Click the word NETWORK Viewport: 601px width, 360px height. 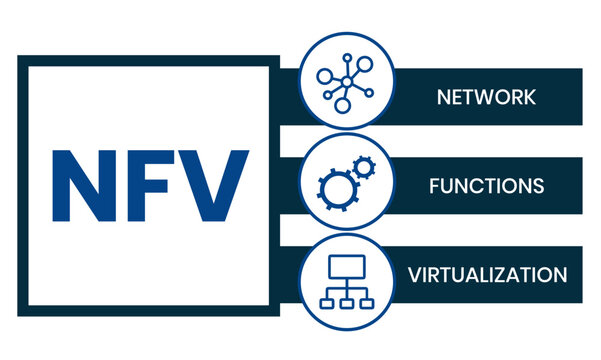click(x=486, y=97)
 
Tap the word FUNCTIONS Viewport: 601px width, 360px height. click(x=486, y=186)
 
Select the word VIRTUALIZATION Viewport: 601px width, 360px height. click(x=487, y=275)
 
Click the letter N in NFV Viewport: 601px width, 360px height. click(x=84, y=186)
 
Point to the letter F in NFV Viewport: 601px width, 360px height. click(x=148, y=186)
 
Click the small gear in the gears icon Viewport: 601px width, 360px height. click(x=364, y=167)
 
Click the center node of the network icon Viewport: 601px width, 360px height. click(x=347, y=82)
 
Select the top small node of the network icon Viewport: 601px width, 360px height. click(x=347, y=58)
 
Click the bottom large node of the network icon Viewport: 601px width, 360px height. click(x=343, y=105)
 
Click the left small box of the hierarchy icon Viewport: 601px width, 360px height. click(x=327, y=304)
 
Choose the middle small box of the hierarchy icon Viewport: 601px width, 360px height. click(x=346, y=304)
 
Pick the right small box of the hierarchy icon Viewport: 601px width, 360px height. click(x=367, y=304)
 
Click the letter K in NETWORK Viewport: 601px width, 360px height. click(x=529, y=97)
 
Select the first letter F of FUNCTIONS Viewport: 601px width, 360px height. click(x=434, y=186)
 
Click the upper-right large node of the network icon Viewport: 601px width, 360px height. click(x=365, y=64)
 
